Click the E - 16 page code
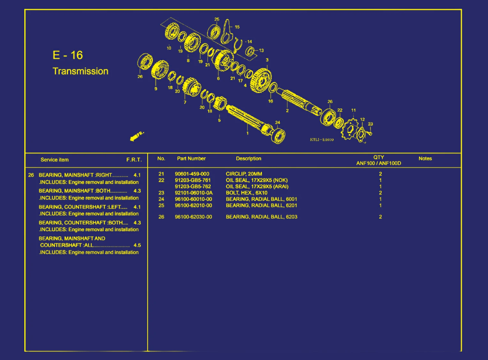pyautogui.click(x=68, y=55)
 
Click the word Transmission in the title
pyautogui.click(x=80, y=71)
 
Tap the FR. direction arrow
pyautogui.click(x=137, y=136)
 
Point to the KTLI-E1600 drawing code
pyautogui.click(x=322, y=140)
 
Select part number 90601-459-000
pyautogui.click(x=192, y=174)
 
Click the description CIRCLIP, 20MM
pyautogui.click(x=244, y=174)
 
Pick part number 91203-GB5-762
pyautogui.click(x=193, y=187)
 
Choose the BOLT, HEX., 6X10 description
pyautogui.click(x=247, y=193)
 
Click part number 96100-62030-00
pyautogui.click(x=193, y=217)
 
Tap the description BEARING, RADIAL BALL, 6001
pyautogui.click(x=261, y=199)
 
